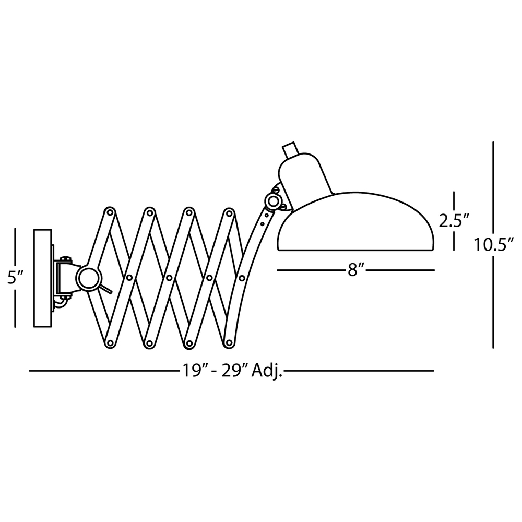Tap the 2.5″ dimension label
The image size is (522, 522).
pyautogui.click(x=451, y=221)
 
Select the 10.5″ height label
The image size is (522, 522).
pyautogui.click(x=491, y=244)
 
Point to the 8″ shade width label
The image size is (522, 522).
pyautogui.click(x=355, y=270)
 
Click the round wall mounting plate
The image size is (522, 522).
pyautogui.click(x=43, y=278)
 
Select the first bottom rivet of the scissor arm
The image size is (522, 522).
pyautogui.click(x=110, y=343)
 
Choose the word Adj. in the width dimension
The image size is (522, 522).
pyautogui.click(x=267, y=371)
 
